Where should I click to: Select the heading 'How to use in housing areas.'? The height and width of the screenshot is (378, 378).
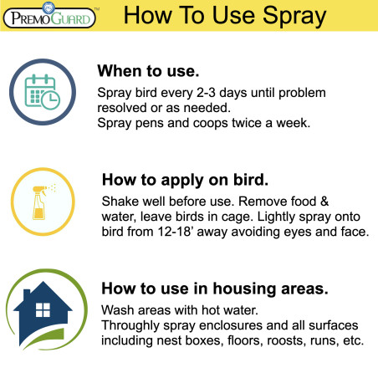(x=213, y=289)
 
